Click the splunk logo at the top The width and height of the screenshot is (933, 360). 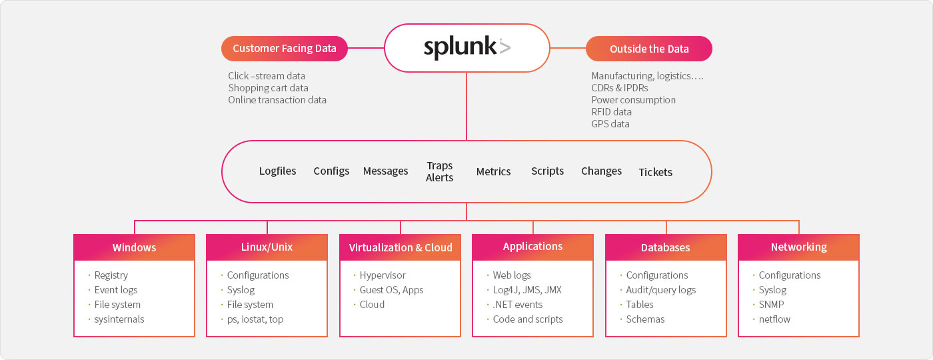coord(467,47)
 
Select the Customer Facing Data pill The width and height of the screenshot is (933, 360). coord(285,48)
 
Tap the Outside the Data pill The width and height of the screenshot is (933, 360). coord(649,49)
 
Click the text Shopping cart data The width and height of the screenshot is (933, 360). coord(268,88)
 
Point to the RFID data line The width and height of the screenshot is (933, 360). coord(612,112)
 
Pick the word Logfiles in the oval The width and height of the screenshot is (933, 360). coord(277,171)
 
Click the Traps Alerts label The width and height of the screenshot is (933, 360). coord(439,172)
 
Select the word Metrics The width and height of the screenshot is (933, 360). coord(494,172)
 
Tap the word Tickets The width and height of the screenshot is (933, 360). coord(656,172)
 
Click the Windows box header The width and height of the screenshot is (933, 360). coord(134,247)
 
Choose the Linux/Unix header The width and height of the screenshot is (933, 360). coord(267,247)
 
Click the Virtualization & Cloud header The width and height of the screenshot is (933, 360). coord(401,247)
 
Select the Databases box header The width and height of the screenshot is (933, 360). coord(666,247)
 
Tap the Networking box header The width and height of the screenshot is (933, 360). coord(798,247)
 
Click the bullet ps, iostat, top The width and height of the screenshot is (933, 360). coord(252,319)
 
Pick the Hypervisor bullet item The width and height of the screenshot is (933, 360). coord(379,275)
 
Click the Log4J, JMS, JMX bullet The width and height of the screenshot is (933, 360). coord(524,290)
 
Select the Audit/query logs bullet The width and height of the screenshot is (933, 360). coord(658,290)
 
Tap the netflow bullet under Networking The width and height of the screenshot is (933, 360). coord(772,319)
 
